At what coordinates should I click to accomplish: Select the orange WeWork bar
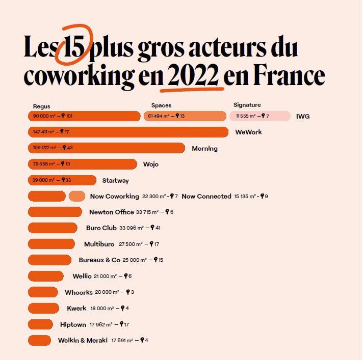tap(127, 132)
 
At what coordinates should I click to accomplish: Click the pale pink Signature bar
tap(260, 116)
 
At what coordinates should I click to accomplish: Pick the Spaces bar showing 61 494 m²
tap(185, 116)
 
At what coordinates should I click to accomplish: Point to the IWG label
tap(303, 117)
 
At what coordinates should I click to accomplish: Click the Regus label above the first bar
tap(42, 106)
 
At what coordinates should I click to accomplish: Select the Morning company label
tap(204, 149)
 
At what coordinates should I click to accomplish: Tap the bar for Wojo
tap(82, 164)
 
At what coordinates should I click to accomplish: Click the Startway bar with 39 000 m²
tap(62, 180)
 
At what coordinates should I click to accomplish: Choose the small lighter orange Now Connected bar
tap(76, 196)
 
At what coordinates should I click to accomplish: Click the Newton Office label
tap(111, 212)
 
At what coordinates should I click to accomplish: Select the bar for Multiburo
tap(51, 244)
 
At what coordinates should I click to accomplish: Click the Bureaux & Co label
tap(99, 260)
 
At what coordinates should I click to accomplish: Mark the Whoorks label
tap(79, 292)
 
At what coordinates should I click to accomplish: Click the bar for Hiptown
tap(40, 324)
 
